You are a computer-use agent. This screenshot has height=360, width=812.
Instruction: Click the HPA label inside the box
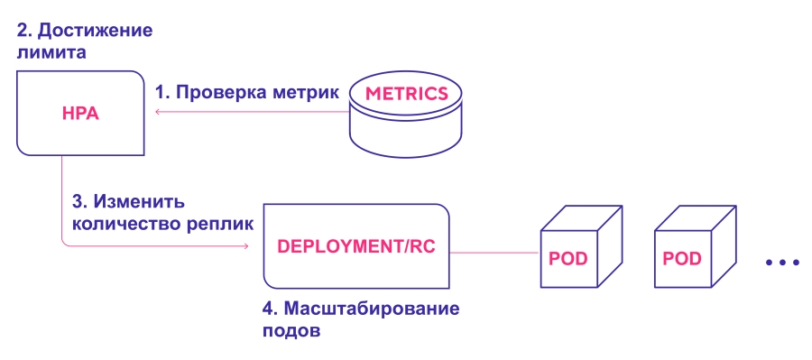point(80,114)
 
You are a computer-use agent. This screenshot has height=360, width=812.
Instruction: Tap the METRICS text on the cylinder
point(406,94)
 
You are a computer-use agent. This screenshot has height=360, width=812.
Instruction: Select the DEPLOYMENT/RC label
point(356,246)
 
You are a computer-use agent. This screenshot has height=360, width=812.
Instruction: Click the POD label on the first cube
point(568,258)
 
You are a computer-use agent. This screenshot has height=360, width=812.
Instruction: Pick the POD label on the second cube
point(682,258)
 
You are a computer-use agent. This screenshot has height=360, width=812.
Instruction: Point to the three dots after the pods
point(782,263)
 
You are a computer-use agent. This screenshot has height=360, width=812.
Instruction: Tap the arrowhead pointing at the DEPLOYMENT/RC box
point(246,245)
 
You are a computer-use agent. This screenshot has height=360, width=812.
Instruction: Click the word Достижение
point(96,31)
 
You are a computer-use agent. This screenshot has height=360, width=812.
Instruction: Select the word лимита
point(51,52)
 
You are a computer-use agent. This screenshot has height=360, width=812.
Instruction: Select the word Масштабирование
point(372,309)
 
